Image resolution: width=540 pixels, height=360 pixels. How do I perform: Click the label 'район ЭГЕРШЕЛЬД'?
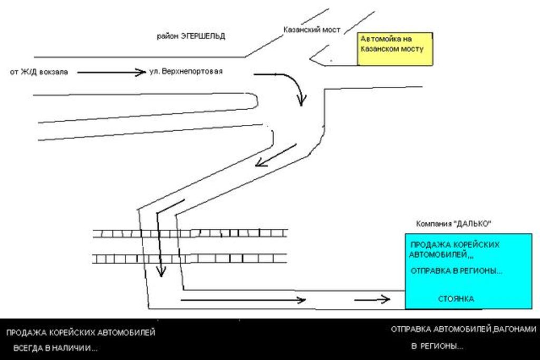[191, 36]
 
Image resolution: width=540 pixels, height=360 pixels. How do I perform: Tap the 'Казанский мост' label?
[312, 30]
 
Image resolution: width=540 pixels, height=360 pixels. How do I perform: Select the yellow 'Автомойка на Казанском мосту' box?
[395, 49]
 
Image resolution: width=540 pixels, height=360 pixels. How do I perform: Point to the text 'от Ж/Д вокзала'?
[39, 72]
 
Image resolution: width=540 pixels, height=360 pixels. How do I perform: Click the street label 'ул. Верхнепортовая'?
[186, 71]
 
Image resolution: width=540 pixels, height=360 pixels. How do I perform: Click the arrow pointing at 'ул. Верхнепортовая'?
[111, 72]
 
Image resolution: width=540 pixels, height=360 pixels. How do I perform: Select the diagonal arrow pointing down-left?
[276, 155]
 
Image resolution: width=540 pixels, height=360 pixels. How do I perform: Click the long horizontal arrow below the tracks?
[243, 300]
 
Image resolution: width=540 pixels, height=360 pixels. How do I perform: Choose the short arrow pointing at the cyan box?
[372, 299]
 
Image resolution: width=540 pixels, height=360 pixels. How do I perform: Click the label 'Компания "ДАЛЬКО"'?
[454, 223]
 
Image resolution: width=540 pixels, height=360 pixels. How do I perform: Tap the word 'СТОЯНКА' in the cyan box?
[456, 299]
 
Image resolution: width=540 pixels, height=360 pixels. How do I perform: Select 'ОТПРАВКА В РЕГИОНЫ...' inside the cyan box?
[456, 271]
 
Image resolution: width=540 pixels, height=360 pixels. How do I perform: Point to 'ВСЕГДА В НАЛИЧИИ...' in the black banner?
[55, 348]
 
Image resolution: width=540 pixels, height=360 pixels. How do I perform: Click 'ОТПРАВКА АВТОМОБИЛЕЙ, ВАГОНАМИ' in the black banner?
[464, 330]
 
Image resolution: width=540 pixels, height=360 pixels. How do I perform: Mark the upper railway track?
[190, 233]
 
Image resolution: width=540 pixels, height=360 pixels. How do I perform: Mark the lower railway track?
[189, 258]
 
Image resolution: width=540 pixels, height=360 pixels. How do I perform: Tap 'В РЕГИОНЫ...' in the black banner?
[437, 346]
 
